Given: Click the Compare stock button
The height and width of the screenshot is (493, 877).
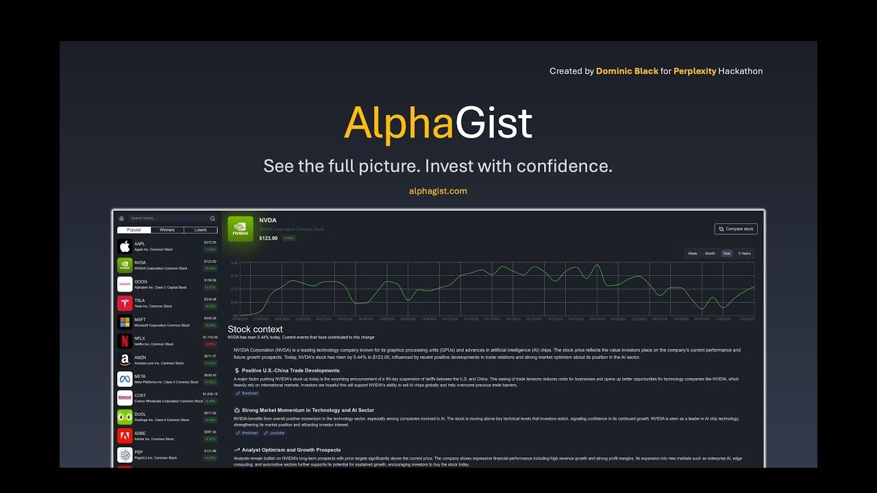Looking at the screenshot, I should click(736, 229).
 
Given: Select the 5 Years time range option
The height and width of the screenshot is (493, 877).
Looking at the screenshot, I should click(744, 253).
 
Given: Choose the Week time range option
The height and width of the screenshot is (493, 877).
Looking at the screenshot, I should click(693, 253).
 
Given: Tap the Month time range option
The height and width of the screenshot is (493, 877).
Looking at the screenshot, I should click(710, 253).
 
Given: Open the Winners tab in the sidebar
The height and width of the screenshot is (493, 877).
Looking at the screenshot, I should click(167, 230).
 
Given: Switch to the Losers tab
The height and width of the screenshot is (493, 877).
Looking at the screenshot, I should click(200, 230).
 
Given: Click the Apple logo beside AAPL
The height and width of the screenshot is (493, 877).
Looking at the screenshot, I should click(125, 246).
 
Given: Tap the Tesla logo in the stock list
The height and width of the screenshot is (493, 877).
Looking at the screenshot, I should click(125, 303).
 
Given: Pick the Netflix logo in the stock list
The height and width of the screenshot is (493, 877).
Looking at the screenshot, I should click(125, 341).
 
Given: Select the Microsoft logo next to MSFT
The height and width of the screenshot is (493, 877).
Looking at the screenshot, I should click(125, 323).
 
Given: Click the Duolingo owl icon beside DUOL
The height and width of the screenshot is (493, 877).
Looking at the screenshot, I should click(125, 417).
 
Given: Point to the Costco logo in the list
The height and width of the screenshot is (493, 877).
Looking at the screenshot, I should click(125, 398).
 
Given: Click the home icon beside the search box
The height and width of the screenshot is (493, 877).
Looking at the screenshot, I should click(121, 218).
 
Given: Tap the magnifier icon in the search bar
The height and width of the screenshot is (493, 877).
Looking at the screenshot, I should click(212, 218).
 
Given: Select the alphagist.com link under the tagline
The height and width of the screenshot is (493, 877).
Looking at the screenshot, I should click(438, 191).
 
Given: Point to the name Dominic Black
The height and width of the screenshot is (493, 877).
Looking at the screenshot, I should click(627, 71).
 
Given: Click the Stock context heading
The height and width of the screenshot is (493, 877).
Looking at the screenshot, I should click(255, 329).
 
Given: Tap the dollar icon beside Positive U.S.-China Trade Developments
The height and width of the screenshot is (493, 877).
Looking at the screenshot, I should click(236, 370).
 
